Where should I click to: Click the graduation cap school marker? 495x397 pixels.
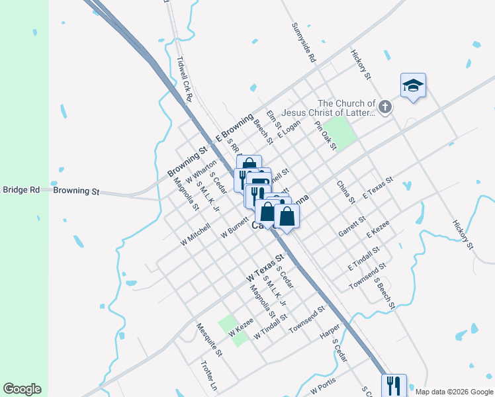[x=413, y=85]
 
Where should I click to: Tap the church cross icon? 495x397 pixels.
[x=385, y=106]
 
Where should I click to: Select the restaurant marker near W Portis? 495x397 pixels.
[x=394, y=384]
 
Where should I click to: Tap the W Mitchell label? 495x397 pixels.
[x=195, y=234]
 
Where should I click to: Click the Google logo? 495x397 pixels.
[x=22, y=389]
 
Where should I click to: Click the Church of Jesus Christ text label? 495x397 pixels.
[x=346, y=107]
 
